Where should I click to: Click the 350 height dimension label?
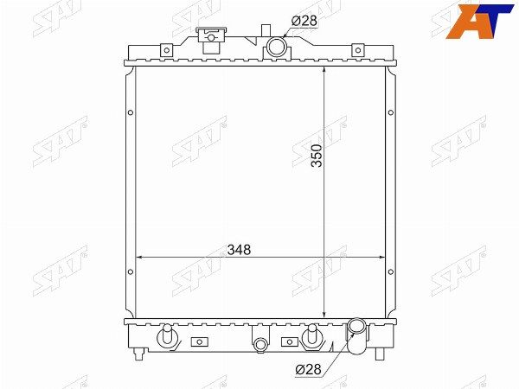pyautogui.click(x=317, y=156)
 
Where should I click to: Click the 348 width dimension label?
pyautogui.click(x=239, y=250)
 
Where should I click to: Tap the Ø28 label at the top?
pyautogui.click(x=304, y=21)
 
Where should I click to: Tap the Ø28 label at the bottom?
pyautogui.click(x=308, y=369)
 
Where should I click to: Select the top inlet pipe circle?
pyautogui.click(x=276, y=47)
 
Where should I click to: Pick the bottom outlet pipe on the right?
pyautogui.click(x=356, y=335)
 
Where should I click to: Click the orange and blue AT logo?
pyautogui.click(x=479, y=21)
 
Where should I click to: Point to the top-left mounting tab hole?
pyautogui.click(x=167, y=50)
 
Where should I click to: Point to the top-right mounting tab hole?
pyautogui.click(x=358, y=51)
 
